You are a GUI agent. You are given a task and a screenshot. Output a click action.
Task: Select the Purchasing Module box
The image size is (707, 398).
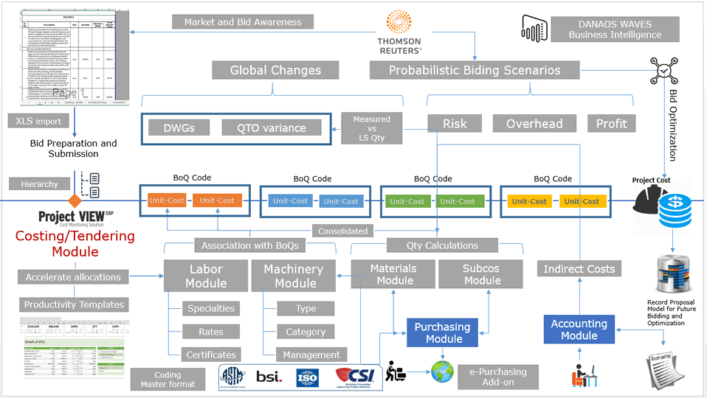coord(442,332)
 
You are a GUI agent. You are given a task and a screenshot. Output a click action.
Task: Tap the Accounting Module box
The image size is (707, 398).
coord(579,329)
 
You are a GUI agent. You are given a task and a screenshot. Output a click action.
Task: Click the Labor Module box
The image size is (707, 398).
coord(206,276)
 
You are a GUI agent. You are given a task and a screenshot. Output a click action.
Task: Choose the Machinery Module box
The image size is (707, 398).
coord(293,276)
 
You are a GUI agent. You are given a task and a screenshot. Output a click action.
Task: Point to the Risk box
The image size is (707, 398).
coord(455,124)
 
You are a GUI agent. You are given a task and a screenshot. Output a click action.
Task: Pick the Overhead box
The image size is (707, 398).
coord(534,124)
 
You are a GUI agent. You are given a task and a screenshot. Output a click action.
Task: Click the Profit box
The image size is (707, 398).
coord(611,124)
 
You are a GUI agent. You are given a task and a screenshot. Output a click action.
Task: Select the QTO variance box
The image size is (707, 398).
coord(272,128)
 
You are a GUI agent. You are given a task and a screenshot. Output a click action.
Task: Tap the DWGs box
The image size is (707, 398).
coord(179,128)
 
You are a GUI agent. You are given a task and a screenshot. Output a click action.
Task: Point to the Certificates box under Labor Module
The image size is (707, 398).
coord(211,355)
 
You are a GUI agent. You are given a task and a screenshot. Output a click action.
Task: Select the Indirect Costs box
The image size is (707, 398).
coord(579,269)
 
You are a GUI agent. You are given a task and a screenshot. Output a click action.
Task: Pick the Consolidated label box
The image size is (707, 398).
coord(342,231)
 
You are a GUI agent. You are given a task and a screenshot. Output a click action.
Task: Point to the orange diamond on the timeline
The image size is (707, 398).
coord(75,201)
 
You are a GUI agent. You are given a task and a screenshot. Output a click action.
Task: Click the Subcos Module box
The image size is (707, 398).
coord(482,274)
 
